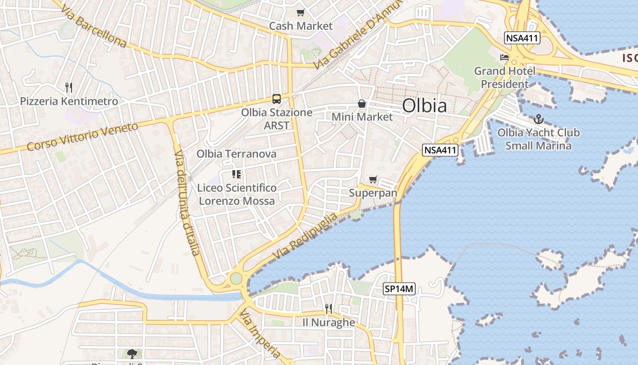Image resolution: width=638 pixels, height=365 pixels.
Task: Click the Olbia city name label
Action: coord(424,106)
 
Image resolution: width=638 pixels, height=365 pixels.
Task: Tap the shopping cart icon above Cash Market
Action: coord(300,13)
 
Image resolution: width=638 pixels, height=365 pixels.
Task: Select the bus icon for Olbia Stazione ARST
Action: coord(276,99)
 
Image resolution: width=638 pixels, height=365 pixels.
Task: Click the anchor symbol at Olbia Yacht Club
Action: coord(539,120)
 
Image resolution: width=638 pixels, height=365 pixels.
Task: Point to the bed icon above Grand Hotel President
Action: coord(504,57)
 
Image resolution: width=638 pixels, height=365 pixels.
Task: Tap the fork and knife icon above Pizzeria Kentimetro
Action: coord(69,87)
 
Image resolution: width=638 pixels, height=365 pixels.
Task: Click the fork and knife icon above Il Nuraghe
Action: coord(329,309)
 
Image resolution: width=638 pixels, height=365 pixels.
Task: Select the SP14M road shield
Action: coord(399,288)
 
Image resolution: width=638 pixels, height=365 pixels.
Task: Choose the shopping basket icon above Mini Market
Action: coord(362,104)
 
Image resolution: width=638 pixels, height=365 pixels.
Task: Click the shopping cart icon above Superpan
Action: coord(373,180)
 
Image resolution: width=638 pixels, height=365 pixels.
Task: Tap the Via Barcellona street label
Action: coord(93,27)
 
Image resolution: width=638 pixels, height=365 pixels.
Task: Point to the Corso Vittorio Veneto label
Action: coord(82,136)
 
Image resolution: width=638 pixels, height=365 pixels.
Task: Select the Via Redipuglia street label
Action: coord(306,235)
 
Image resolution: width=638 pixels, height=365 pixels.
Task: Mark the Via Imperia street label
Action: coord(261,334)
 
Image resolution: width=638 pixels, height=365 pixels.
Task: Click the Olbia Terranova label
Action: coord(237,154)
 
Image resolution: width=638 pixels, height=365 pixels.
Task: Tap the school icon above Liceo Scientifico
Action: coord(236,174)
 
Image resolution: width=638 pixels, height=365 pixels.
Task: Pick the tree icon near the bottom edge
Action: coord(132,354)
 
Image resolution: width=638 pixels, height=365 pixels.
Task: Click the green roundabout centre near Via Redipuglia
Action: coord(236,278)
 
